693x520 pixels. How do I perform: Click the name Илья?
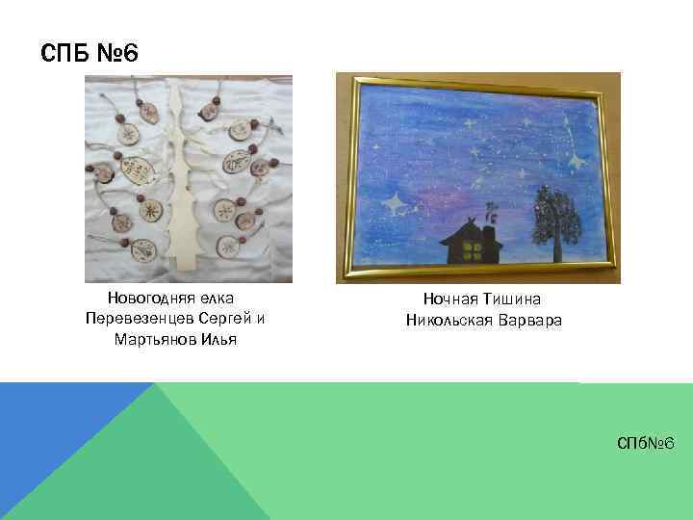click(218, 339)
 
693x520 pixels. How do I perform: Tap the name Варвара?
click(528, 320)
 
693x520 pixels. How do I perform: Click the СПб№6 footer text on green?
click(647, 443)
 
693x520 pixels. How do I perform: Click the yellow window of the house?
click(473, 253)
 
